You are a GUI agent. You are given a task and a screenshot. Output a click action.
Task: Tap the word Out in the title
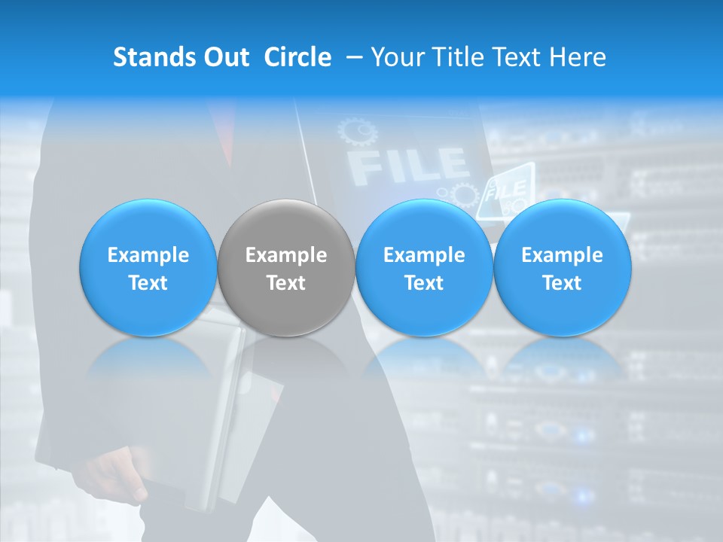[x=224, y=57]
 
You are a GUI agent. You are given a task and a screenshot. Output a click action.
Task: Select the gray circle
[x=286, y=267]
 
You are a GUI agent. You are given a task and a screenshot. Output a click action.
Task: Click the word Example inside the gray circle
[x=286, y=255]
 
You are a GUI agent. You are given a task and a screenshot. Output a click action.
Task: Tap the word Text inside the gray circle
[x=286, y=283]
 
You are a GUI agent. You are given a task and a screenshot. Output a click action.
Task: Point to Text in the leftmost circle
[x=148, y=283]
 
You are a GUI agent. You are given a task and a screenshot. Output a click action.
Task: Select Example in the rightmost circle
[x=562, y=255]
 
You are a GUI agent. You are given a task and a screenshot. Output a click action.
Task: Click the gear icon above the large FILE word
[x=358, y=132]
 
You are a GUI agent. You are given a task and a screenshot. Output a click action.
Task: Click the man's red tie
[x=223, y=124]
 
